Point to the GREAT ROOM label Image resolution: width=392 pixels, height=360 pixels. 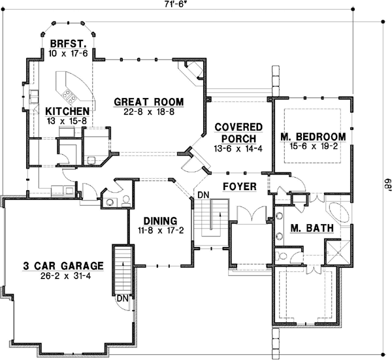pyautogui.click(x=148, y=102)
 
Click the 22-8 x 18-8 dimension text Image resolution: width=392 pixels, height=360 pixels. pyautogui.click(x=148, y=112)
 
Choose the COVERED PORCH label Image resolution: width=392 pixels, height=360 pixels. pyautogui.click(x=238, y=133)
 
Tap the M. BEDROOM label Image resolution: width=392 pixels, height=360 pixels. pyautogui.click(x=312, y=137)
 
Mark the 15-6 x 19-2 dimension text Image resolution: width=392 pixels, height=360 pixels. pyautogui.click(x=312, y=147)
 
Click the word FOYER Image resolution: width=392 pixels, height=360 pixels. pyautogui.click(x=239, y=187)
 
